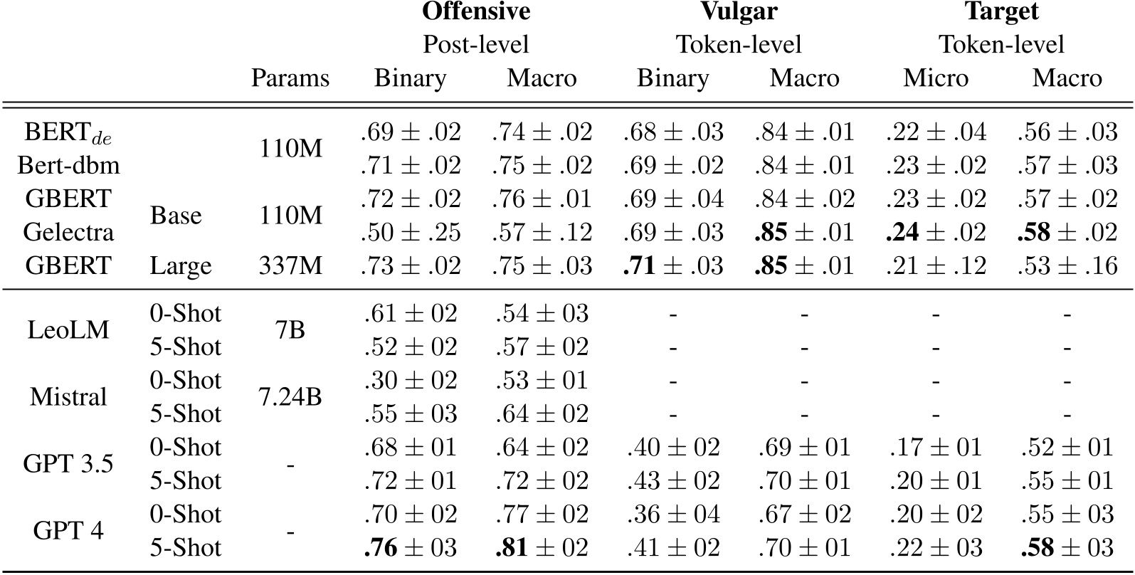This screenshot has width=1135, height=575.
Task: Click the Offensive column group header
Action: click(476, 11)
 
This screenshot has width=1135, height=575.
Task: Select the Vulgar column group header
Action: click(739, 11)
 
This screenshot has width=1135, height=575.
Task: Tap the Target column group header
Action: click(1001, 11)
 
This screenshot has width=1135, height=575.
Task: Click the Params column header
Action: click(290, 78)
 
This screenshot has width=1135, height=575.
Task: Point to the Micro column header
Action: click(936, 78)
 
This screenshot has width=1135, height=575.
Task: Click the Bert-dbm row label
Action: click(68, 166)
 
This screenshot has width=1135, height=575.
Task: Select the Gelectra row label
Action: click(68, 232)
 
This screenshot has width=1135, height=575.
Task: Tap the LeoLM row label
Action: click(68, 329)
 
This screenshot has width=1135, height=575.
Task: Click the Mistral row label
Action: click(68, 396)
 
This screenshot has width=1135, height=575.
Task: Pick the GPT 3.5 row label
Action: click(68, 463)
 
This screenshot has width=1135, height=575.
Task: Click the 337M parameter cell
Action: click(290, 266)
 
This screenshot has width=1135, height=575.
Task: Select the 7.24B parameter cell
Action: click(290, 396)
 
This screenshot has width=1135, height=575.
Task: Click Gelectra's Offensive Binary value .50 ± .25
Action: click(411, 233)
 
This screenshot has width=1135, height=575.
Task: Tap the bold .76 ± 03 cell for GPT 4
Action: click(411, 547)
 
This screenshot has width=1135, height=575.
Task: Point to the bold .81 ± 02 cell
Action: click(542, 547)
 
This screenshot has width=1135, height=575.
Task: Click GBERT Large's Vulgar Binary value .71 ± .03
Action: click(673, 266)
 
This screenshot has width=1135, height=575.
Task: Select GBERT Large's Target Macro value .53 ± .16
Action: click(1067, 266)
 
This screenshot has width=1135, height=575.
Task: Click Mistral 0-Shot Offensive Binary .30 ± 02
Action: click(411, 380)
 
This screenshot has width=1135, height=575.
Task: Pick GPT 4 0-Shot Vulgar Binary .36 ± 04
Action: click(673, 514)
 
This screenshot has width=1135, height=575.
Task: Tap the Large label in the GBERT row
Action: click(181, 266)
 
